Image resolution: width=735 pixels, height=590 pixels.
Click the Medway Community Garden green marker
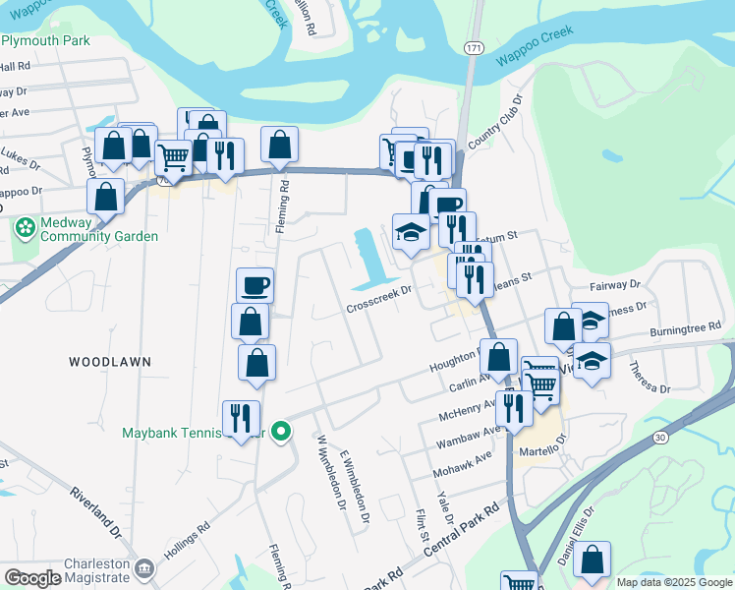pyautogui.click(x=26, y=228)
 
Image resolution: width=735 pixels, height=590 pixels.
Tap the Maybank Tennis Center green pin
pyautogui.click(x=281, y=431)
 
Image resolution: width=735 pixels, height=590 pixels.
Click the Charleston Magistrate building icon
pyautogui.click(x=144, y=567)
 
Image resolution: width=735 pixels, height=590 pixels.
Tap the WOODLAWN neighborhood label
pyautogui.click(x=110, y=362)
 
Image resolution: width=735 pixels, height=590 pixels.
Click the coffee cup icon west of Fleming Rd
pyautogui.click(x=254, y=285)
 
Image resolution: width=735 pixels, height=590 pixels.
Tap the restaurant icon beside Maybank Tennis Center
pyautogui.click(x=241, y=418)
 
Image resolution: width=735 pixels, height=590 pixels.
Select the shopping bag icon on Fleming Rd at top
pyautogui.click(x=280, y=145)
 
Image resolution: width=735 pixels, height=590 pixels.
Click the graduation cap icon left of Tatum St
pyautogui.click(x=411, y=232)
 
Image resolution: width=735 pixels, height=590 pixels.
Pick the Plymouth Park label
pyautogui.click(x=45, y=40)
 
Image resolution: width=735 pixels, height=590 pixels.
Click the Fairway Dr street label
pyautogui.click(x=614, y=284)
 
